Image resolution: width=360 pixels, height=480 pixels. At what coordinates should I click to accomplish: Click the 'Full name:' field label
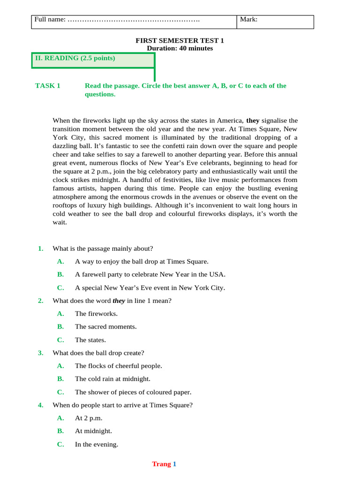coord(49,20)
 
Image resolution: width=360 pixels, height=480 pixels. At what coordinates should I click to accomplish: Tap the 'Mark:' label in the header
coord(248,19)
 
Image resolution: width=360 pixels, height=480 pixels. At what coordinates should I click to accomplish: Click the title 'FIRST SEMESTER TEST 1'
coord(180,41)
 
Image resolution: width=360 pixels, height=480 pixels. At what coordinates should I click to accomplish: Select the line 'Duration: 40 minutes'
coord(180,48)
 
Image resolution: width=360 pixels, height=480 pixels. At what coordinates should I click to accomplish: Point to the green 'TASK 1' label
coord(48,86)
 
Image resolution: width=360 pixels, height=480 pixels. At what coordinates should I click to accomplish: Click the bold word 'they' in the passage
coord(253,120)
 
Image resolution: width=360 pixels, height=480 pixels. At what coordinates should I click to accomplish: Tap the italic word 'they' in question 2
coord(119,300)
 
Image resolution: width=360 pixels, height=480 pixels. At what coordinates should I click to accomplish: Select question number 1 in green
coord(41,248)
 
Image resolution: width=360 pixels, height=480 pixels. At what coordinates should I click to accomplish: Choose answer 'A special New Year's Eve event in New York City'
coord(150,288)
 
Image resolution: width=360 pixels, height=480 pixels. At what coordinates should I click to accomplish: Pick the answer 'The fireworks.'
coord(96,314)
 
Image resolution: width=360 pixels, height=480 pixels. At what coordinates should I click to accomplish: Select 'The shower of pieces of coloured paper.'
coord(133,392)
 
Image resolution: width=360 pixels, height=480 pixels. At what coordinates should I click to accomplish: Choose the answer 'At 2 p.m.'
coord(89,418)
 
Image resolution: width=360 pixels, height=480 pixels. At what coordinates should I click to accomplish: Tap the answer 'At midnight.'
coord(93,431)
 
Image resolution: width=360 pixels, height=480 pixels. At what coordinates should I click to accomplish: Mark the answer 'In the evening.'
coord(97,444)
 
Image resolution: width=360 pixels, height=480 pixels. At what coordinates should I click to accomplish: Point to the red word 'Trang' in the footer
coord(161,464)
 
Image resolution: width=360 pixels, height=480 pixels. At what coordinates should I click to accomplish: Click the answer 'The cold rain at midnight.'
coord(112,379)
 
